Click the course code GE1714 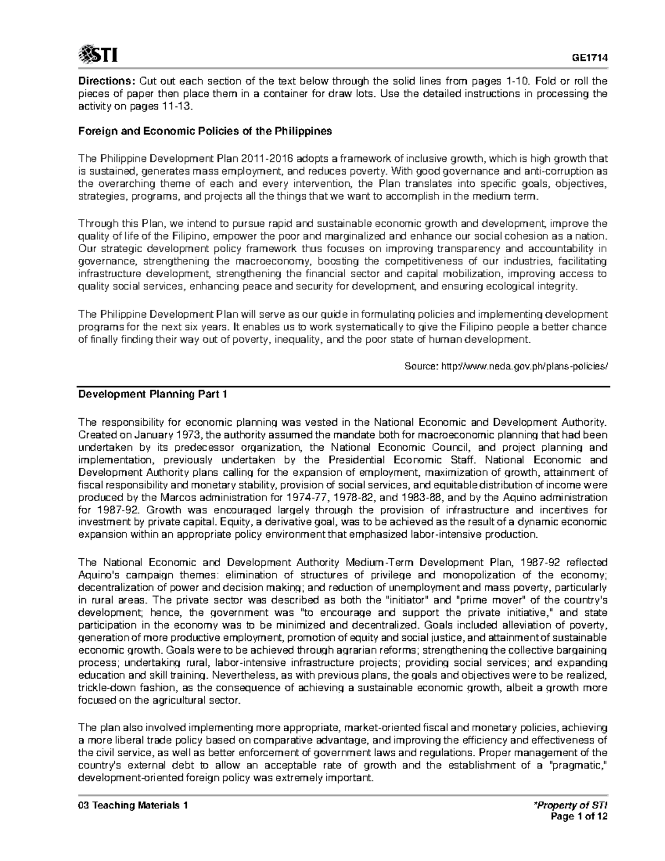590,58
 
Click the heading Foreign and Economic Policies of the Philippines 205,131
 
